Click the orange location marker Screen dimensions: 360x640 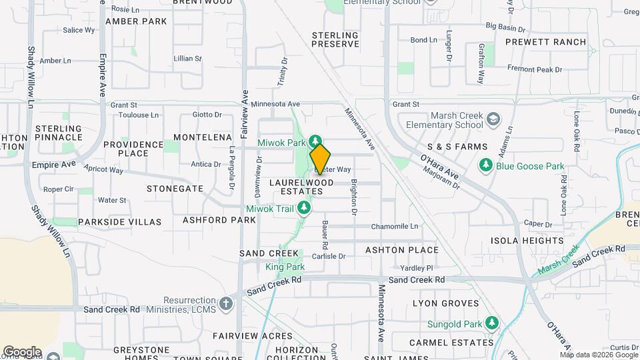tap(320, 159)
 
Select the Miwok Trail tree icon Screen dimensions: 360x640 tap(304, 209)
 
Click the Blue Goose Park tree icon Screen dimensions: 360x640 tap(486, 166)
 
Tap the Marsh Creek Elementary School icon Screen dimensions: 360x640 tap(493, 120)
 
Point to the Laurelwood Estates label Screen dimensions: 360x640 tap(301, 187)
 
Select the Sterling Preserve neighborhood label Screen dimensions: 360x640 tap(335, 39)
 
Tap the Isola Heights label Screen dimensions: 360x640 tap(527, 241)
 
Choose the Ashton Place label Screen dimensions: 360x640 tap(402, 250)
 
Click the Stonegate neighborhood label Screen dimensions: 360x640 tap(175, 189)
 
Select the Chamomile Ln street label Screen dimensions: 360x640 tap(395, 227)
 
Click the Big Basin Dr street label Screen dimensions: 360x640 tap(506, 27)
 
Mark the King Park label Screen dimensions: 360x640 tap(285, 267)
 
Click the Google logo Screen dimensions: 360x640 tap(22, 352)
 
